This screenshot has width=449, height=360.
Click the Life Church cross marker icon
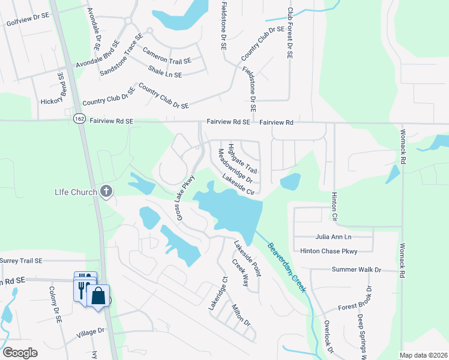click(106, 191)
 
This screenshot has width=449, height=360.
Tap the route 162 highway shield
click(80, 119)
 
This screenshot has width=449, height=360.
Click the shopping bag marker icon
click(98, 295)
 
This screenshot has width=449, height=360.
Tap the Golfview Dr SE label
click(28, 22)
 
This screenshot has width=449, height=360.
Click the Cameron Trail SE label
click(166, 56)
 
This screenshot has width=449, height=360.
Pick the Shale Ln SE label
click(164, 72)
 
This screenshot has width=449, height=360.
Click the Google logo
click(20, 353)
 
